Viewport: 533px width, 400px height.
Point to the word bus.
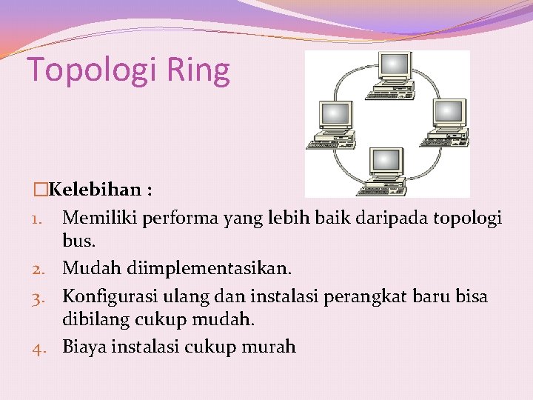pyautogui.click(x=80, y=241)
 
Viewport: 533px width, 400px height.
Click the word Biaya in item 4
pyautogui.click(x=84, y=346)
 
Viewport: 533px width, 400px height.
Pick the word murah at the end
pyautogui.click(x=272, y=346)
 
